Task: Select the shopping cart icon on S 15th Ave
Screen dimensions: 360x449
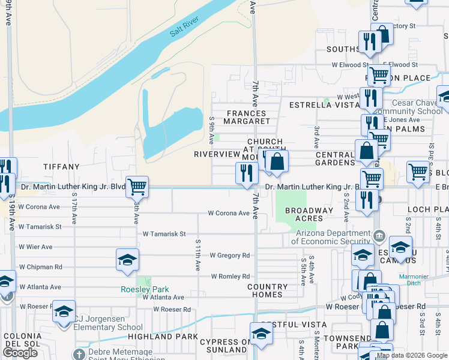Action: (x=137, y=187)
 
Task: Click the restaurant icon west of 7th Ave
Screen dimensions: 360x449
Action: (x=247, y=173)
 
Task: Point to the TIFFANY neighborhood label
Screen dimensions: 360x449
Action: (x=61, y=167)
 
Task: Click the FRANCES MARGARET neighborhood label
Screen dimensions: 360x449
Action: (x=246, y=117)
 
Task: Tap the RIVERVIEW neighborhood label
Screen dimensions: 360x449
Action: (x=217, y=154)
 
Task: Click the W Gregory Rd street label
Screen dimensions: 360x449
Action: (x=229, y=256)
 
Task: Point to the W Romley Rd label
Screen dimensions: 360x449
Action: (x=230, y=277)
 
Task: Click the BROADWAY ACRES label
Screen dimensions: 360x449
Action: (x=309, y=214)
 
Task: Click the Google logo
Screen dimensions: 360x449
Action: (x=20, y=353)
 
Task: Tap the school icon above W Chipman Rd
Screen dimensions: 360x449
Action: (x=127, y=259)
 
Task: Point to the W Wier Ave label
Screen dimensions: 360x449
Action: (x=35, y=247)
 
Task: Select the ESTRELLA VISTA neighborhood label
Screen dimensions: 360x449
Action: (x=324, y=105)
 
